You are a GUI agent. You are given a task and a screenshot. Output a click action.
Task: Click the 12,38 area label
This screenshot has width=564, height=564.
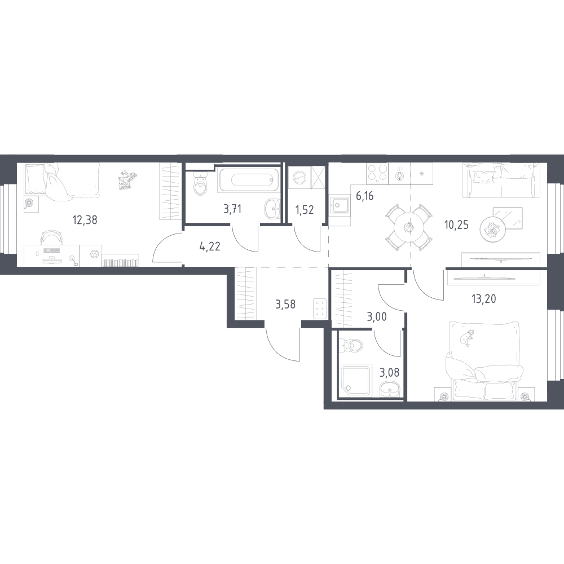click(85, 219)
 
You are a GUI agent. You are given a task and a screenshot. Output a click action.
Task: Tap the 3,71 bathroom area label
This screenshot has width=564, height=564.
click(232, 209)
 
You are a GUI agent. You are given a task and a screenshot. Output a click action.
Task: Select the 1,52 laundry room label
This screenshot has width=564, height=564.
click(305, 210)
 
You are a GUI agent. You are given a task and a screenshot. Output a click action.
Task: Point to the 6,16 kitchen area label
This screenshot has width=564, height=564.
click(365, 196)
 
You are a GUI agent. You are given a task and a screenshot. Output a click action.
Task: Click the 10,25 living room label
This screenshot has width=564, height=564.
click(456, 225)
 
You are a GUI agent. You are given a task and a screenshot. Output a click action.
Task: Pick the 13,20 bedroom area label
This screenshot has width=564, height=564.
click(484, 298)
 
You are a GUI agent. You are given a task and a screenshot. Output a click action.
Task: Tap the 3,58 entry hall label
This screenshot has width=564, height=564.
click(285, 305)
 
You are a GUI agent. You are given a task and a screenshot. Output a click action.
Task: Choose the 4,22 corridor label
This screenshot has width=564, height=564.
click(210, 247)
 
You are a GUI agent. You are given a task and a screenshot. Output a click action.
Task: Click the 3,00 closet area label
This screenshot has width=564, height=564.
click(377, 317)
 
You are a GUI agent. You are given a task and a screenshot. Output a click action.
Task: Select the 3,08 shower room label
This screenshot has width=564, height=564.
click(389, 372)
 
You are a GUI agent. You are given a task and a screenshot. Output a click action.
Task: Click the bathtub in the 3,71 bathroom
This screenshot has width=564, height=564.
click(248, 180)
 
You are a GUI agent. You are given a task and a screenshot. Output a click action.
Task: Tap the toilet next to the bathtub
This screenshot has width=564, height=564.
click(200, 184)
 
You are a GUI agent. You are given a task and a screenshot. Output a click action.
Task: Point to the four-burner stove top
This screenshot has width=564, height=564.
click(377, 174)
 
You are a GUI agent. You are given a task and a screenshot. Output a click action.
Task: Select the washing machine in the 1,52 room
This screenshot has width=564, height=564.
click(299, 178)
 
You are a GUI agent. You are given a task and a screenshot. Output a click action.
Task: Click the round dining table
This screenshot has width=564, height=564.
click(408, 227)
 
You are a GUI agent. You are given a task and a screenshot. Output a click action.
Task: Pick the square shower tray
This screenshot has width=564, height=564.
click(355, 381)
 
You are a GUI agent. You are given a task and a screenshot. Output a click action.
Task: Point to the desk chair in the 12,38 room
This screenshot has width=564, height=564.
click(52, 237)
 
